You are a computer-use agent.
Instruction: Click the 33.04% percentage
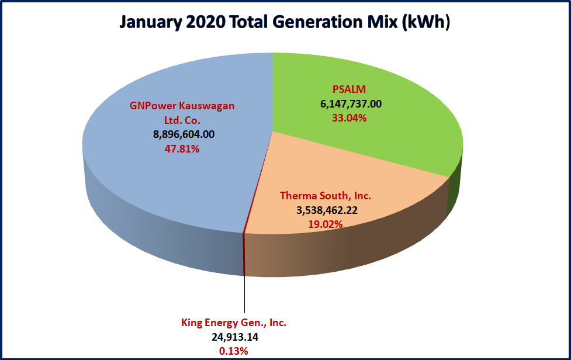(349, 118)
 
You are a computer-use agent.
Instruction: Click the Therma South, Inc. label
(326, 195)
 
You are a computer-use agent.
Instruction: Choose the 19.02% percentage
(326, 224)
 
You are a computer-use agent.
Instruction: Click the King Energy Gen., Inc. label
(234, 323)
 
